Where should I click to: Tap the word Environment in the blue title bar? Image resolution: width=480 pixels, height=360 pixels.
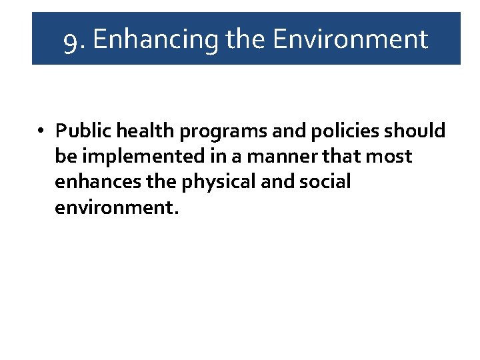click(x=351, y=39)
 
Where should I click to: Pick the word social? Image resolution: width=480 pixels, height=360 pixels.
click(x=322, y=181)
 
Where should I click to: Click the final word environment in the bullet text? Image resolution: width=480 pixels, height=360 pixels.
click(x=117, y=207)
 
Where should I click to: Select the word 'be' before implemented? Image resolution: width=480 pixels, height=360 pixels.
click(x=66, y=156)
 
